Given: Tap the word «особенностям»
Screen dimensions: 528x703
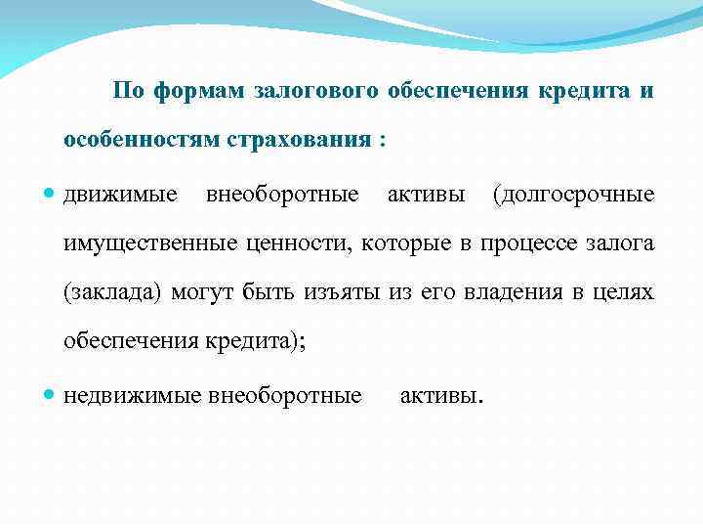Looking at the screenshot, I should point(142,140).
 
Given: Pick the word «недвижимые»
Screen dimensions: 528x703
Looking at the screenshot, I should point(133,396).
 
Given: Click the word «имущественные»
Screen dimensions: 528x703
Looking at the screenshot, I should point(146,243).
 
